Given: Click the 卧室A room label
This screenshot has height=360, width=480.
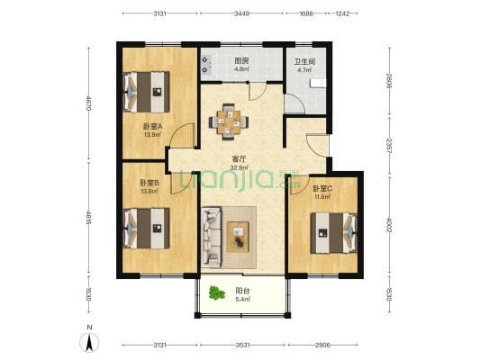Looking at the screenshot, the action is point(152,126).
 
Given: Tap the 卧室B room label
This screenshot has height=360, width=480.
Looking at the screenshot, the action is point(149,184).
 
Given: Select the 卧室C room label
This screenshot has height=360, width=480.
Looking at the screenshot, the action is point(322,188).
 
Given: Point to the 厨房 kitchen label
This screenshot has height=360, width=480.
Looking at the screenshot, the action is point(241,60).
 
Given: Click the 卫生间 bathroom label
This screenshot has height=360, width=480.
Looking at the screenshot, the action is point(304,61).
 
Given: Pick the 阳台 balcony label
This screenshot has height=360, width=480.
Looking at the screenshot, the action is point(242,291).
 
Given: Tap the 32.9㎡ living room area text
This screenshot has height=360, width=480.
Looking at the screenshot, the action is point(239,167).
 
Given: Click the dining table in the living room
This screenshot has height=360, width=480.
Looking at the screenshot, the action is point(229,122).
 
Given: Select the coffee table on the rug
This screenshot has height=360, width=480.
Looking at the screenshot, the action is point(238,237).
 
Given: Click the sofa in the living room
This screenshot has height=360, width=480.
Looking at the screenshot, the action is point(212,237).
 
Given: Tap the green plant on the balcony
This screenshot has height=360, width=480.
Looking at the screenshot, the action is point(217,293).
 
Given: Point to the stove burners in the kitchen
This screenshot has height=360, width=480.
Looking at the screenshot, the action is point(206,65).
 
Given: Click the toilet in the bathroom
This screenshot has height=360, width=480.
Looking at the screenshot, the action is point(318,83).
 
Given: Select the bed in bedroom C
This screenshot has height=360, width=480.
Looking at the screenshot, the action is point(334,233).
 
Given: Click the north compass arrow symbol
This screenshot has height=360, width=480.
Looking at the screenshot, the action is point(89,343).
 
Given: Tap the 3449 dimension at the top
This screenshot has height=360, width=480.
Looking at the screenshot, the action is point(241,13).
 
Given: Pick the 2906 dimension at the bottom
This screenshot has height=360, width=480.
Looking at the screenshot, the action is point(322,345).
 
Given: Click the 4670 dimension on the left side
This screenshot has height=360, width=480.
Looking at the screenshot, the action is point(88,103).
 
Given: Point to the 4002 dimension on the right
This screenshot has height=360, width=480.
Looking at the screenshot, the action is point(389,224).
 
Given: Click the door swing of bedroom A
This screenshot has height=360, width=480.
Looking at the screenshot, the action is point(183,136).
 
